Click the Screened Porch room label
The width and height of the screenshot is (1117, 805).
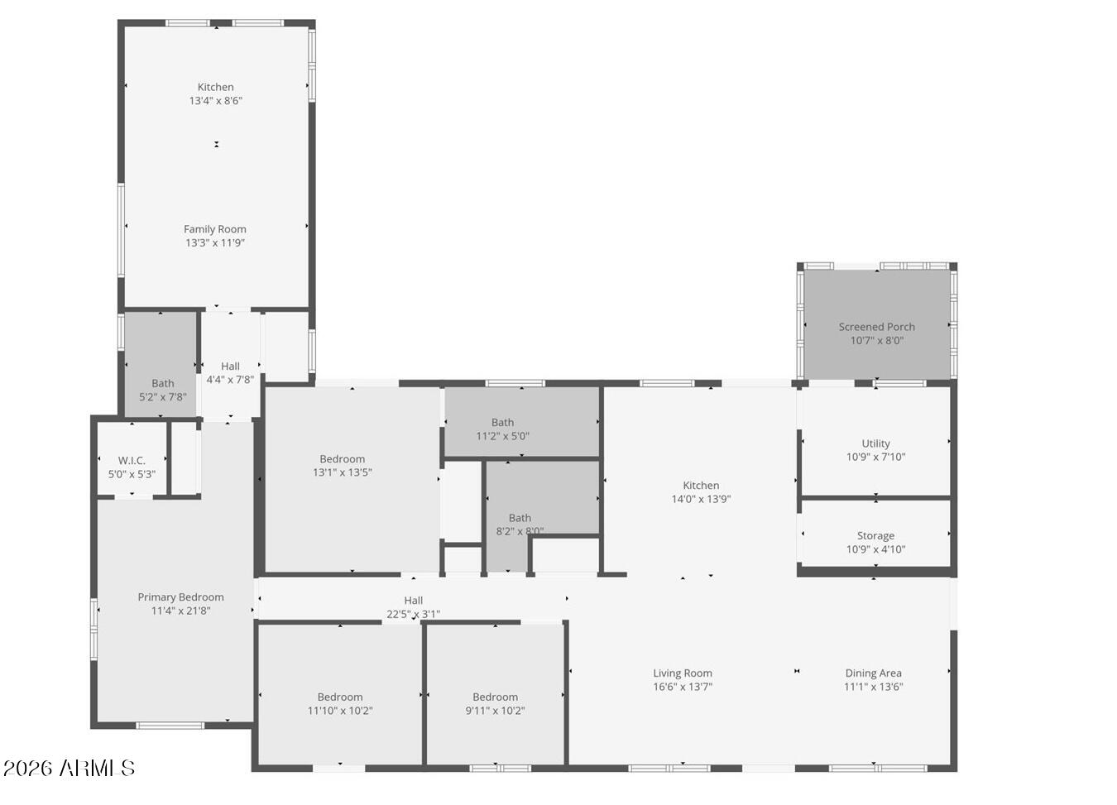click(x=876, y=327)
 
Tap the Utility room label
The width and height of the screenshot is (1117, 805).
click(x=875, y=443)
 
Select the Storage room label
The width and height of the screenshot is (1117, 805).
click(x=875, y=536)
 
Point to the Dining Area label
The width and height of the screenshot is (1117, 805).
click(x=873, y=673)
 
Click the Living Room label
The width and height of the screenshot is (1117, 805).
click(x=683, y=673)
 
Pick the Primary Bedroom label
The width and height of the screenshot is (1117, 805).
click(x=180, y=597)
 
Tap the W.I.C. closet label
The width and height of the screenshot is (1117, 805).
click(x=132, y=461)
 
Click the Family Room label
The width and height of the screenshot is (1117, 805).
click(x=215, y=229)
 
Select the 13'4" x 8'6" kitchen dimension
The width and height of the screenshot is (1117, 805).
click(x=215, y=101)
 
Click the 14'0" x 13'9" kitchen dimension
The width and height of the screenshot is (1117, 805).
click(x=701, y=499)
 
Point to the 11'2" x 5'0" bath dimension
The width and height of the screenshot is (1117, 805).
click(x=502, y=436)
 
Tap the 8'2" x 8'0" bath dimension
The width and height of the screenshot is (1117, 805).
click(x=520, y=531)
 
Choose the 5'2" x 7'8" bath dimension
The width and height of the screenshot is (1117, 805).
click(x=163, y=397)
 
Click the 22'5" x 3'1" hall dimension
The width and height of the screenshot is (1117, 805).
click(x=413, y=614)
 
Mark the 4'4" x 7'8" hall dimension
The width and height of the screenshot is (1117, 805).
click(x=230, y=380)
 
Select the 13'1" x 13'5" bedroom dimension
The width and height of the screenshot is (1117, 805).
click(x=342, y=472)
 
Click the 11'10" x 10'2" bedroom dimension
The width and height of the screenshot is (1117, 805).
click(x=340, y=711)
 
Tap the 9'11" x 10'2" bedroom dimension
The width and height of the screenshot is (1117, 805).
click(x=495, y=711)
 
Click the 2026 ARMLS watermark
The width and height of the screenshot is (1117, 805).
click(x=69, y=768)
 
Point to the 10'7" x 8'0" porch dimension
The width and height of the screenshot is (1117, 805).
click(x=876, y=340)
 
